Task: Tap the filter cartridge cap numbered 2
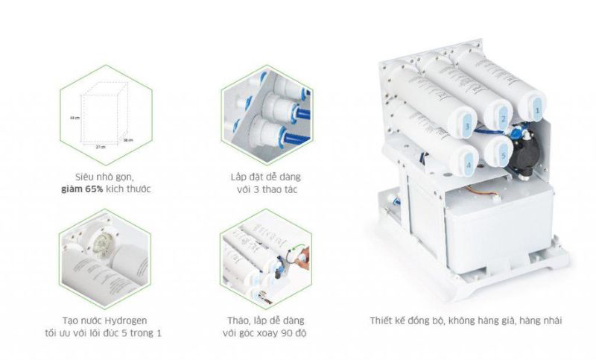pos(502,118)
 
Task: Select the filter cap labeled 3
pos(466,127)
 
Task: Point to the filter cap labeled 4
pos(468,163)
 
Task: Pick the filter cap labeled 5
pos(503,154)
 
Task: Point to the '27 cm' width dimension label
pos(99,147)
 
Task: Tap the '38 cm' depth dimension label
pos(127,140)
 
